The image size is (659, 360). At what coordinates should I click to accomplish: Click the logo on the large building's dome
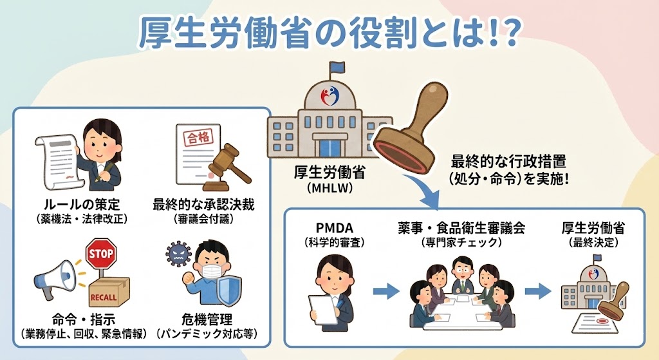point(329,96)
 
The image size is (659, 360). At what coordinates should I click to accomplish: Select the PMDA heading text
point(330,228)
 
